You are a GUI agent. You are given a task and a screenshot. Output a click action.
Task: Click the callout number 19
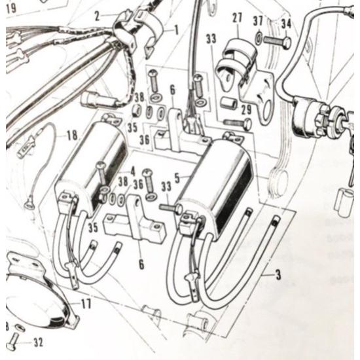tap(10, 9)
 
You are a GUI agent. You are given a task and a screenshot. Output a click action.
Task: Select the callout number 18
tap(71, 135)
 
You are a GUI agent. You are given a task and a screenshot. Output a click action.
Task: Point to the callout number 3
tap(278, 276)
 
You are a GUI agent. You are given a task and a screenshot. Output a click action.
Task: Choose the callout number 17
tap(86, 303)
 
